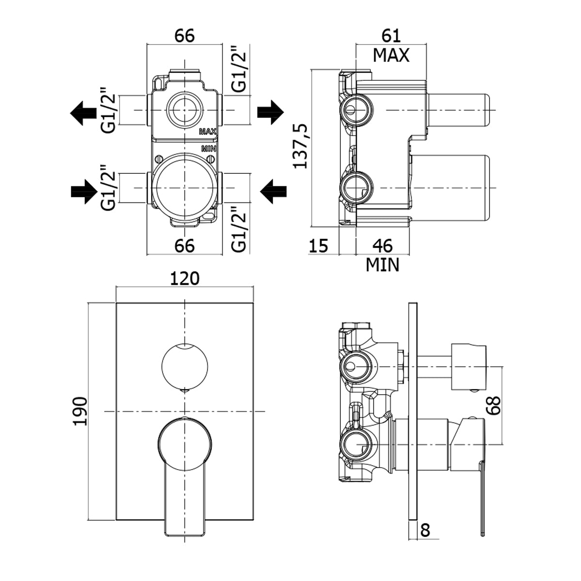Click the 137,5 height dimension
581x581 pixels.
pos(302,145)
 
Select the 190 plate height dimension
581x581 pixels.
pos(80,411)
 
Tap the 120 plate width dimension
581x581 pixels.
pos(184,279)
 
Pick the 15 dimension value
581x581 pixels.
pos(319,245)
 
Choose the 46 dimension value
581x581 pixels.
pos(382,245)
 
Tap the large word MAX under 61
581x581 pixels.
pos(391,55)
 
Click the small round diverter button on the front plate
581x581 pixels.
pos(184,365)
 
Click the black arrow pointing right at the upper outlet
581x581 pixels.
pos(270,111)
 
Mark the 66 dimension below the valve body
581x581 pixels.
pos(184,245)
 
